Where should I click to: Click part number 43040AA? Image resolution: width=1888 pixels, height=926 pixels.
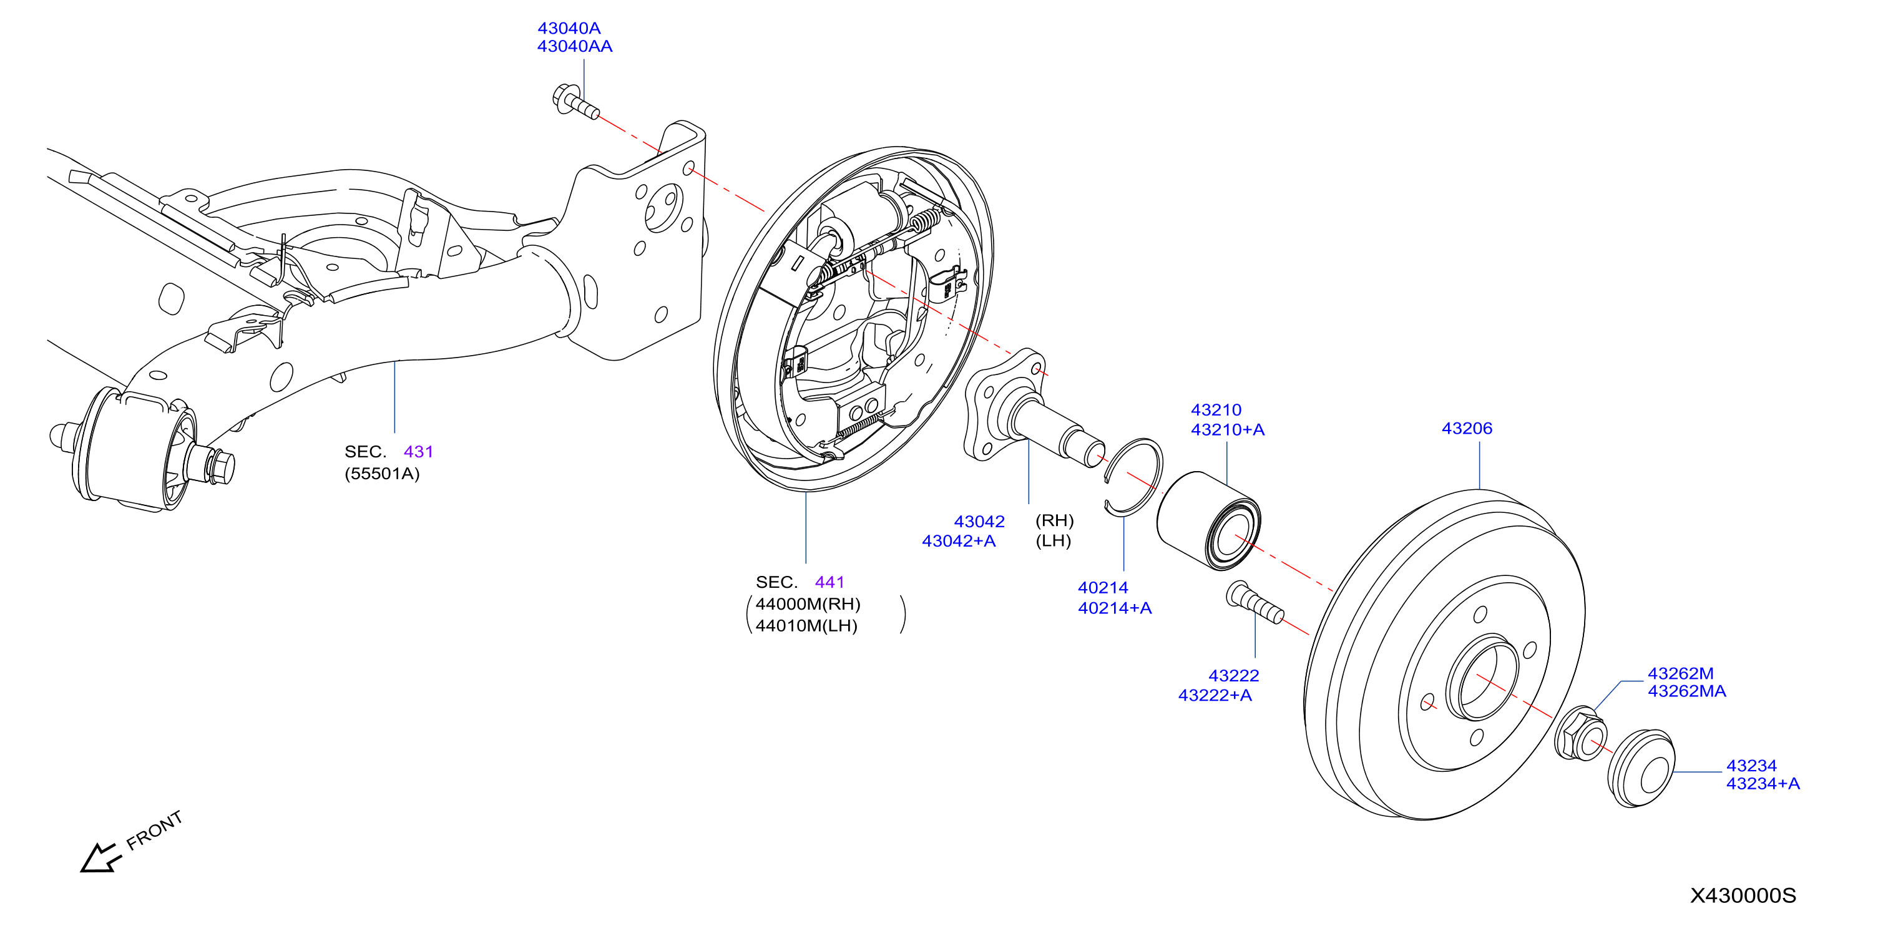tap(575, 46)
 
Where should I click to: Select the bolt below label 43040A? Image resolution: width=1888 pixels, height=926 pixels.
tap(575, 102)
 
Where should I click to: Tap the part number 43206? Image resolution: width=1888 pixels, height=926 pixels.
tap(1467, 428)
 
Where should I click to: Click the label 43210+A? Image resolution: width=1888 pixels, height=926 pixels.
tap(1228, 429)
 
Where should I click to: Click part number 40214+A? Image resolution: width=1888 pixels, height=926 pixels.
tap(1115, 607)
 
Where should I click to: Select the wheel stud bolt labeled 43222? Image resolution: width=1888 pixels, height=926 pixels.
tap(1254, 602)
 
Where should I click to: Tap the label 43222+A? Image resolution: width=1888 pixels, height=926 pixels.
tap(1215, 695)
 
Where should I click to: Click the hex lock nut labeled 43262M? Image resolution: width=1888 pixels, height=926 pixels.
tap(1581, 733)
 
